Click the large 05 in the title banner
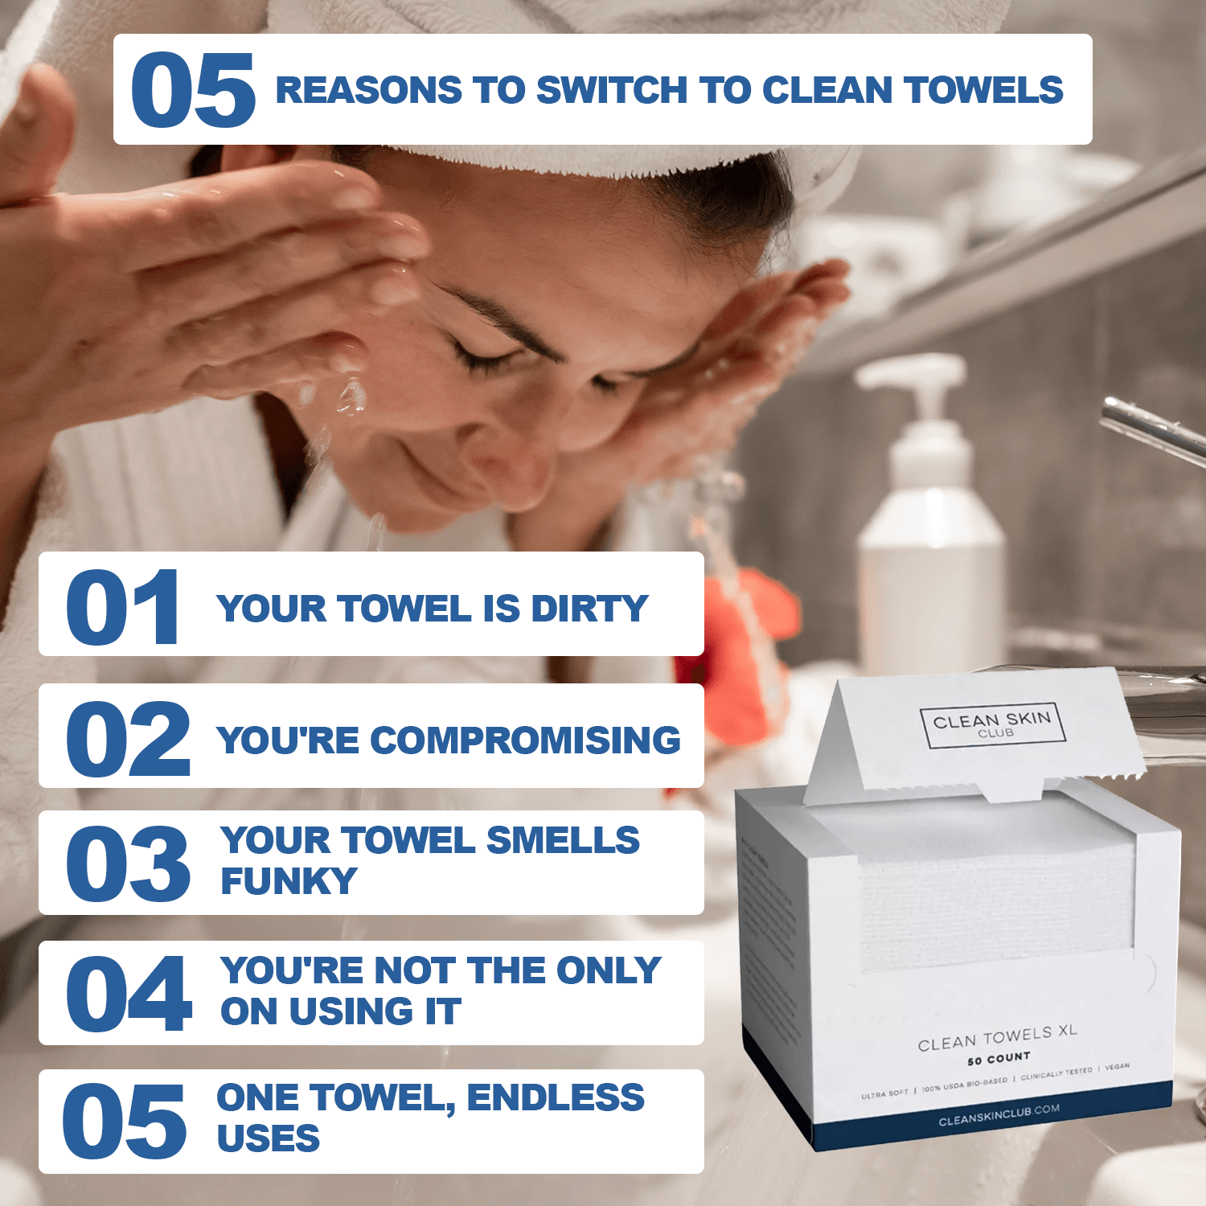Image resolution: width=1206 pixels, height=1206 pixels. coord(193,90)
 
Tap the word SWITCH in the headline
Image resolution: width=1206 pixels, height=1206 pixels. coord(611,90)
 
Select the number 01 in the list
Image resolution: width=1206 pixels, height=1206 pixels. coord(122,607)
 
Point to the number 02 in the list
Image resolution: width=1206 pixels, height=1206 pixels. coord(127,739)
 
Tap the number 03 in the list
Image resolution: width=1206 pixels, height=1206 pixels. coord(127,864)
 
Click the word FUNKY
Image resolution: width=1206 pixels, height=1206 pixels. coord(289,881)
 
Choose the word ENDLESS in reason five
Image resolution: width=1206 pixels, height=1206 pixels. coord(556,1098)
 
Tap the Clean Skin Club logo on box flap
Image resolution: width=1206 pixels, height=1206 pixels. coord(993,724)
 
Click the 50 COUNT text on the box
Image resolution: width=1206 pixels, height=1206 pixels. coord(999,1059)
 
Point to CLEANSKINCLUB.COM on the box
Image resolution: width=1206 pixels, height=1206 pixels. coord(999,1115)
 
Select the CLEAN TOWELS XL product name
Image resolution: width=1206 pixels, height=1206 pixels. coord(997,1038)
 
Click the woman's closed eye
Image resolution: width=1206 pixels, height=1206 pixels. coord(482,354)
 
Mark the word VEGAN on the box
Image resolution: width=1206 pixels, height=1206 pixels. coord(1117,1066)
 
